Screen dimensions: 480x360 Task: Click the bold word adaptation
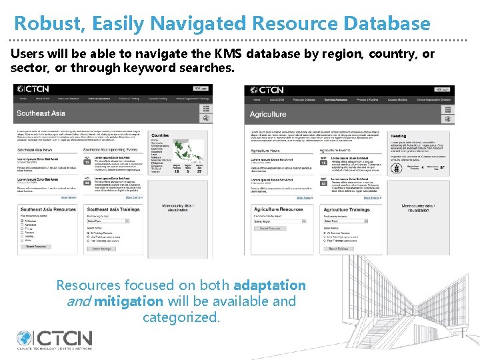tap(270, 285)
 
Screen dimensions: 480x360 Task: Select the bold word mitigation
tap(128, 301)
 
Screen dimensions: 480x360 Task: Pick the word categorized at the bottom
tap(181, 317)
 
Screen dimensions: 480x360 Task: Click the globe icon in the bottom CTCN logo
tap(25, 339)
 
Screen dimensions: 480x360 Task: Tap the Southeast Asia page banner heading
tap(41, 113)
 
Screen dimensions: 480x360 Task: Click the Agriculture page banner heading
tap(268, 114)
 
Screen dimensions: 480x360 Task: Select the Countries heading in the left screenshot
tap(161, 135)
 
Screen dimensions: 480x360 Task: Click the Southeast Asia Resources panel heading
tap(47, 209)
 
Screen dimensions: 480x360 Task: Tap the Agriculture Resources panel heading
tap(277, 209)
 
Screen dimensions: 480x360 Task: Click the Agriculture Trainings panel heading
tap(346, 209)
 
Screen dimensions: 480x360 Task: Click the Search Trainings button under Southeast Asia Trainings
tap(101, 249)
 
